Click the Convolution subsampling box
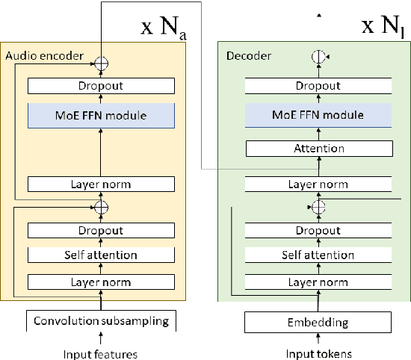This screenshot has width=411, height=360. click(100, 321)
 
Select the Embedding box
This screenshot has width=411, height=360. click(318, 322)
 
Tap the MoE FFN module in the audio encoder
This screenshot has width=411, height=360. click(100, 115)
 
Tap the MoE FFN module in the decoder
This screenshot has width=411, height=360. click(318, 115)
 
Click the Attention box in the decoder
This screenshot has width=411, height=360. click(318, 148)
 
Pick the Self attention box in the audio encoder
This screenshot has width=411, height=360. click(100, 255)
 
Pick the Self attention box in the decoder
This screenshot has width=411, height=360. click(318, 255)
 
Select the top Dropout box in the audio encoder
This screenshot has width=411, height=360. click(100, 86)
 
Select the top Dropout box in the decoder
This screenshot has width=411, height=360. click(318, 86)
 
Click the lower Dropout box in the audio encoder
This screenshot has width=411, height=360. click(100, 231)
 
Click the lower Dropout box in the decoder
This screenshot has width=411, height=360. click(318, 231)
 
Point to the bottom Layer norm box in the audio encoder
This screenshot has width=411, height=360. click(100, 282)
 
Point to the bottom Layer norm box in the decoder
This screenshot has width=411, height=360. click(318, 282)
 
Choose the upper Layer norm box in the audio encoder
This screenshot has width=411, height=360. click(100, 184)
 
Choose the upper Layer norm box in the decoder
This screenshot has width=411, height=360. click(318, 184)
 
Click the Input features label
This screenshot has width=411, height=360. click(100, 353)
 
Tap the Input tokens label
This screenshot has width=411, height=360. click(318, 353)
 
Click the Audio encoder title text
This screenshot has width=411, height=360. click(44, 55)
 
